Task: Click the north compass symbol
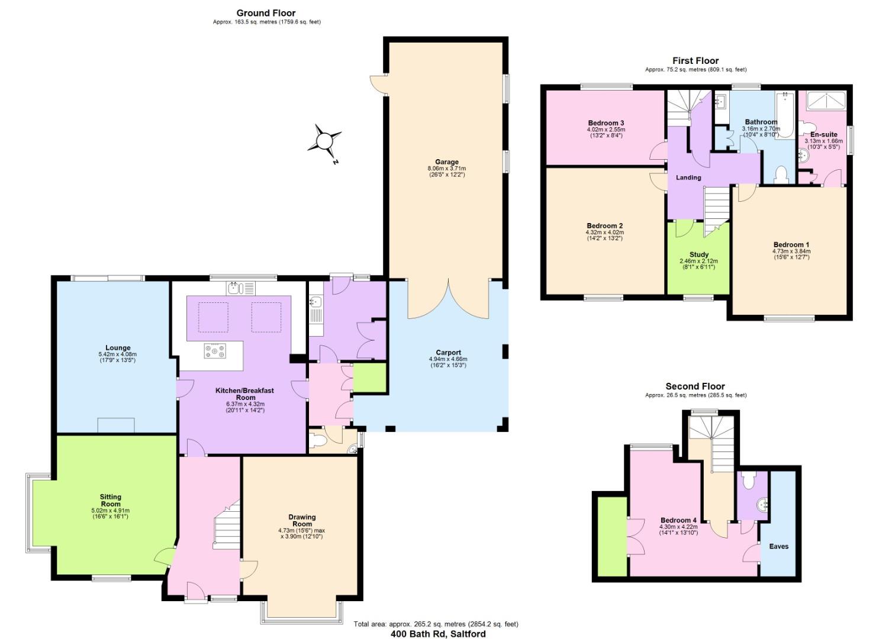324,141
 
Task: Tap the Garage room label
447,162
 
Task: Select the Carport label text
448,353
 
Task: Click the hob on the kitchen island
214,351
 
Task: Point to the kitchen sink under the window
234,289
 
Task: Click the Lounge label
118,348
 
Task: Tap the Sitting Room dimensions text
110,514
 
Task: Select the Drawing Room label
302,521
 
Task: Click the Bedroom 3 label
606,123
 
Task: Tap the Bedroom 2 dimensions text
604,235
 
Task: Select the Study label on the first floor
698,254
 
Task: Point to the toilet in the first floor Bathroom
781,174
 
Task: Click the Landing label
688,177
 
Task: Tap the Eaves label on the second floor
778,546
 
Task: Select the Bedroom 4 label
678,520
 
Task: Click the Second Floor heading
695,386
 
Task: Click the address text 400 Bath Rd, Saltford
438,634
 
